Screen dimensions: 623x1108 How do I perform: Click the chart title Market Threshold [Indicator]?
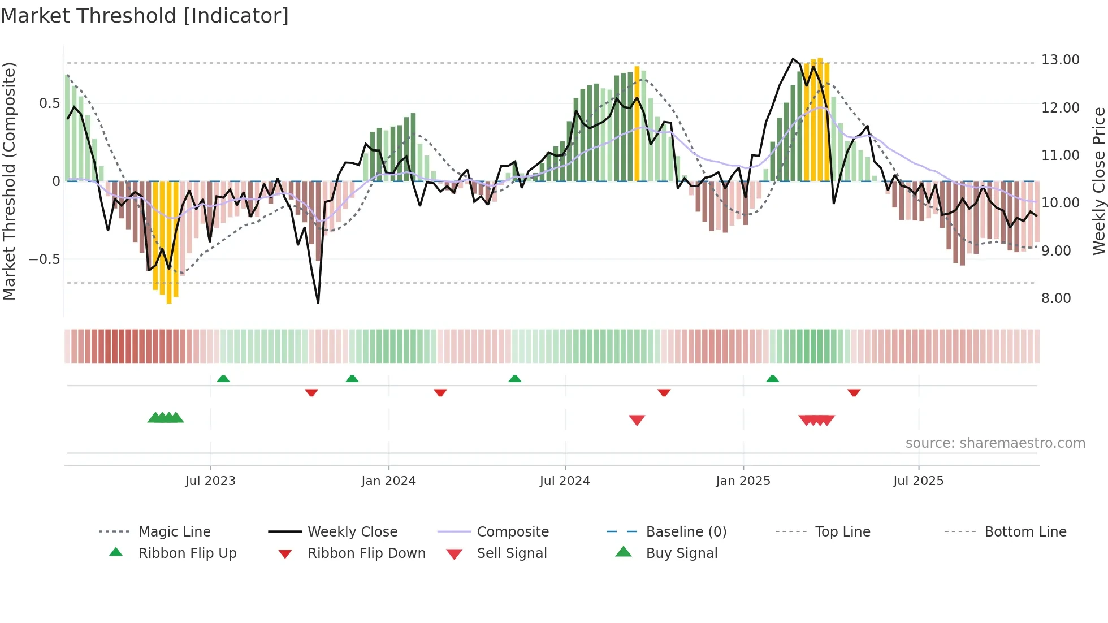coord(145,16)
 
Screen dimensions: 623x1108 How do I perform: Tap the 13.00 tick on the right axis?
coord(1060,60)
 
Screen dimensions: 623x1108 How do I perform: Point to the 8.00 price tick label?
coord(1056,298)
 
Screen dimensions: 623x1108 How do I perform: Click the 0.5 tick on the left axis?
coord(49,103)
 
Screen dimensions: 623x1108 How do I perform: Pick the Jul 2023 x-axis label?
coord(210,481)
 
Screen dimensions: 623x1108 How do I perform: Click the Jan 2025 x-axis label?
coord(743,481)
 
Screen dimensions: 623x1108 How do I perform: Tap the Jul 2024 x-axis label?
coord(565,481)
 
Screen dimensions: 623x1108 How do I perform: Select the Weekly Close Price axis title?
coord(1098,181)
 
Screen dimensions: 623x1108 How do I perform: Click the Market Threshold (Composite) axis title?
coord(9,181)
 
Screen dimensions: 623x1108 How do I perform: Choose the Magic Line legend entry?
coord(174,532)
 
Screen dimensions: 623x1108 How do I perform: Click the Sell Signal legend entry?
coord(512,553)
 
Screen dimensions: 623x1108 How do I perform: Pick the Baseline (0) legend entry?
coord(686,532)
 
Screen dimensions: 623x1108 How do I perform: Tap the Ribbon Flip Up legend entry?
coord(187,553)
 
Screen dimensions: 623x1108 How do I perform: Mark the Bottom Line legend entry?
coord(1025,532)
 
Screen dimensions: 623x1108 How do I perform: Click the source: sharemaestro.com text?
coord(995,443)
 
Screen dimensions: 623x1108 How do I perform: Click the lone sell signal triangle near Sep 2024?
coord(637,420)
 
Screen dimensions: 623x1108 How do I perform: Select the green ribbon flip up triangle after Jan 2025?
coord(773,379)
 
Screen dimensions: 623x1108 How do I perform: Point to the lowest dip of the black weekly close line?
coord(318,303)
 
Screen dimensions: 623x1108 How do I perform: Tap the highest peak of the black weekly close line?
coord(793,59)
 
